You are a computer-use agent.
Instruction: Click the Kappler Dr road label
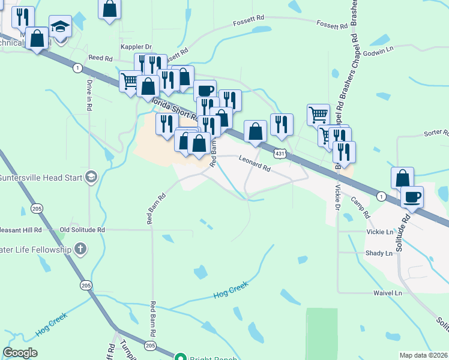click(136, 47)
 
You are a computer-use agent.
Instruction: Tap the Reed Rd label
click(100, 58)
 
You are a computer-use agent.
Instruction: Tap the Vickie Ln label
click(379, 232)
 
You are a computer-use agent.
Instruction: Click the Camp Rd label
click(361, 207)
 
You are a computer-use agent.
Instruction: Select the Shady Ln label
click(379, 253)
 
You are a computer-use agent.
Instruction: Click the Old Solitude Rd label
click(82, 230)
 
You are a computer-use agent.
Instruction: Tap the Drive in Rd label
click(89, 95)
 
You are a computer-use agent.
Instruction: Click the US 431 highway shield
click(280, 154)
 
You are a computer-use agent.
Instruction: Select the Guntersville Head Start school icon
click(91, 176)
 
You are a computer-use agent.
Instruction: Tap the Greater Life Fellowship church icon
click(80, 249)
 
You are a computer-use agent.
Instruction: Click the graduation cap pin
click(59, 26)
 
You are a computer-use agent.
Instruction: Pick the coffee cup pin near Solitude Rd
click(412, 196)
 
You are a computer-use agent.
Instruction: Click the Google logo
click(20, 353)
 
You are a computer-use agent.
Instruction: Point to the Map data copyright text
click(424, 355)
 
